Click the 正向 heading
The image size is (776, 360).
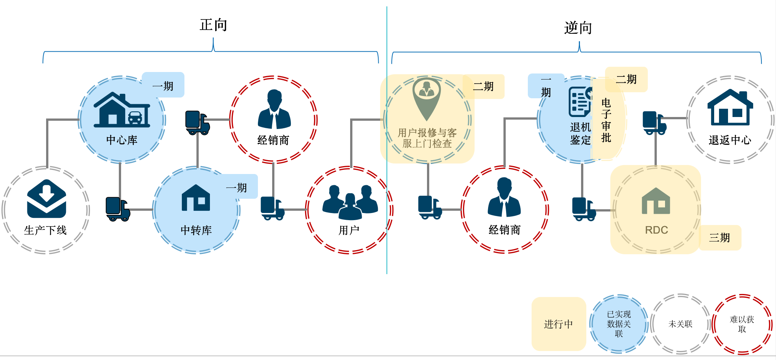pyautogui.click(x=213, y=25)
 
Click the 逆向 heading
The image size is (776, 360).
pyautogui.click(x=578, y=28)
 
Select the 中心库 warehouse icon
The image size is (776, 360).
pyautogui.click(x=122, y=110)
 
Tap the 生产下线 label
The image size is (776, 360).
pyautogui.click(x=45, y=230)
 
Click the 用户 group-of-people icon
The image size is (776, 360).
pyautogui.click(x=350, y=202)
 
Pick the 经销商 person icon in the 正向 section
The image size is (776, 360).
pyautogui.click(x=274, y=109)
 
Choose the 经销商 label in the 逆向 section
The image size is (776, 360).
pyautogui.click(x=505, y=230)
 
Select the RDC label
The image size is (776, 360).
pyautogui.click(x=656, y=230)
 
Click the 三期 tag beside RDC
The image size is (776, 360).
pyautogui.click(x=720, y=237)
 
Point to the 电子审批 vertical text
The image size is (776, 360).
pyautogui.click(x=606, y=120)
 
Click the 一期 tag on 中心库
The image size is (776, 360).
pyautogui.click(x=163, y=86)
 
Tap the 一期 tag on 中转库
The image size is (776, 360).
pyautogui.click(x=237, y=187)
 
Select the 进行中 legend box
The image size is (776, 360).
pyautogui.click(x=559, y=324)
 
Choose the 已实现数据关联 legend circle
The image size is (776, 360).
pyautogui.click(x=619, y=324)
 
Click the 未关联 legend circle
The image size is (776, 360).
pyautogui.click(x=680, y=324)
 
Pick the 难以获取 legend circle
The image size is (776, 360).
pyautogui.click(x=742, y=324)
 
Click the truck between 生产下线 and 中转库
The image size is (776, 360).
pyautogui.click(x=118, y=209)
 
